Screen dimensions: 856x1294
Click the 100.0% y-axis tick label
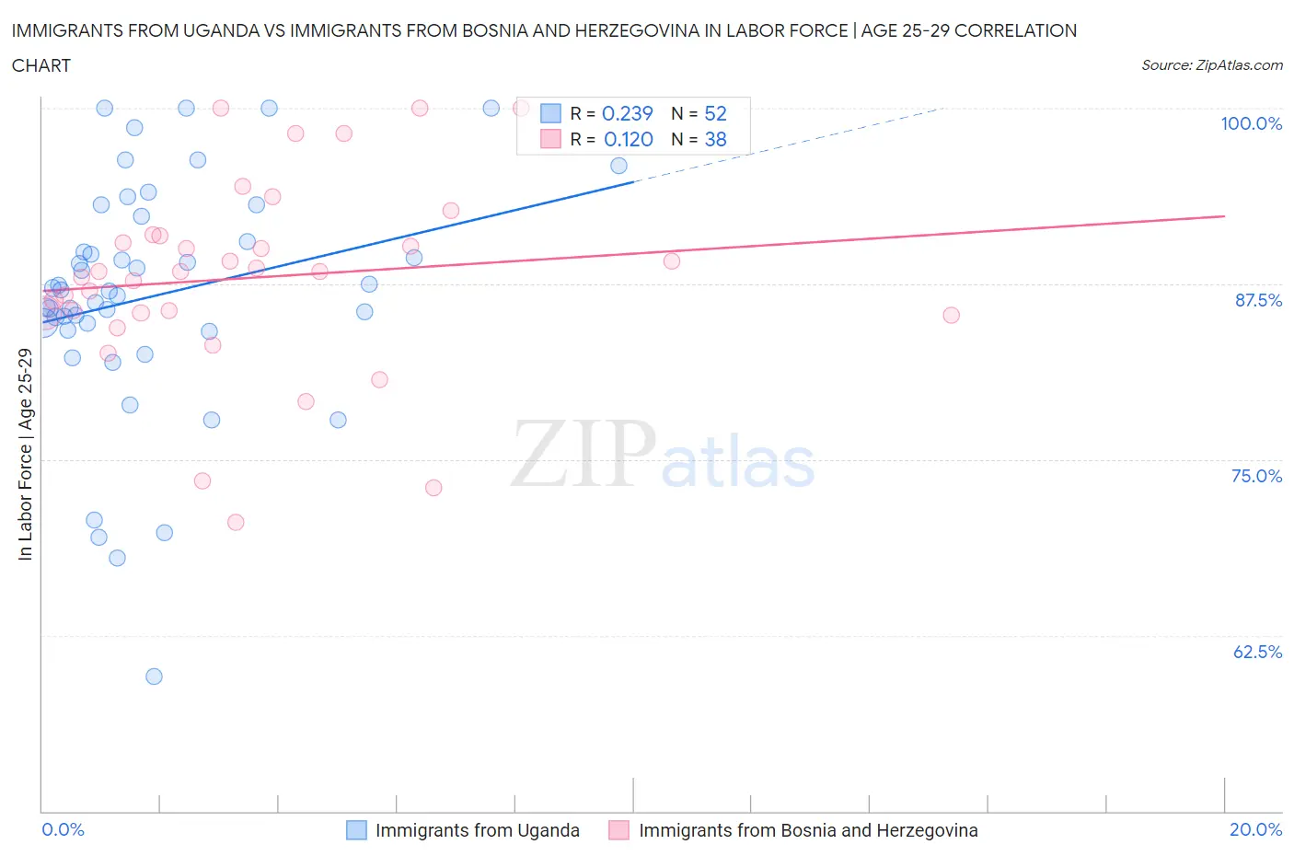point(1251,123)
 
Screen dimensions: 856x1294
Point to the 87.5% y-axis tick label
point(1257,300)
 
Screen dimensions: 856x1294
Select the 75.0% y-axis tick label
point(1256,476)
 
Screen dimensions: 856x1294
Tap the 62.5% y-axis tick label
point(1257,652)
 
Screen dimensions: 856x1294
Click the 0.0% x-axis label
point(63,829)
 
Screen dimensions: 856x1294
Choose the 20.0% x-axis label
point(1255,829)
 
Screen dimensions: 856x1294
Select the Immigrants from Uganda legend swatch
point(356,830)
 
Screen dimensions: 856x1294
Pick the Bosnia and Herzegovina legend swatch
point(618,830)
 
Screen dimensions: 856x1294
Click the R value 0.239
point(627,113)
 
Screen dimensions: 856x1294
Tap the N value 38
point(715,139)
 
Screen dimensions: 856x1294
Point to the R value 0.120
point(628,139)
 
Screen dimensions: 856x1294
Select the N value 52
point(715,113)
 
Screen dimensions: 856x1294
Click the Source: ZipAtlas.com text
point(1211,64)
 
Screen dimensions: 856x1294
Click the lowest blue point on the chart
point(154,677)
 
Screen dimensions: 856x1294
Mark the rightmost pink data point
point(951,316)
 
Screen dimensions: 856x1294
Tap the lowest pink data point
point(236,522)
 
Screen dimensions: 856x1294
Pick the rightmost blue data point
point(618,166)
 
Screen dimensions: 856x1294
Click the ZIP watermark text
point(583,454)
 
